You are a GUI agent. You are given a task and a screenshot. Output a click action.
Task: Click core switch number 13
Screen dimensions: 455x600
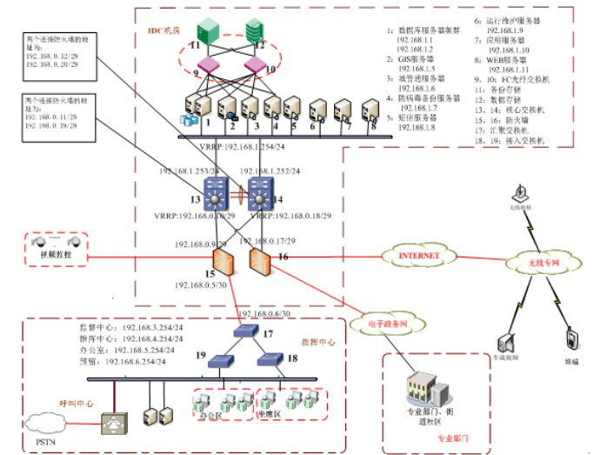coord(215,193)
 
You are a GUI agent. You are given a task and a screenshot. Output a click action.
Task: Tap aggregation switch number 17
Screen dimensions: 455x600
coord(246,332)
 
